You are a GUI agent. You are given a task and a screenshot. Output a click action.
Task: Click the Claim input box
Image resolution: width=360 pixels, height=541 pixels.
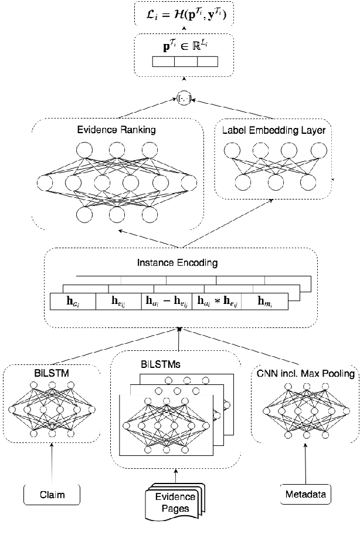[x=52, y=495]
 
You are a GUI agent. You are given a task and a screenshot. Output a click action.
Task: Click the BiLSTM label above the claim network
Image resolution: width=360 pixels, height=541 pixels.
[x=52, y=372]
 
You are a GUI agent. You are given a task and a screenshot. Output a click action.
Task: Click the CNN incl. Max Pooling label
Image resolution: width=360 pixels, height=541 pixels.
[x=305, y=374]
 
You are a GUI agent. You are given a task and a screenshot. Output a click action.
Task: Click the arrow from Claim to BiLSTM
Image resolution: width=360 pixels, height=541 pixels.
[x=52, y=464]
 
